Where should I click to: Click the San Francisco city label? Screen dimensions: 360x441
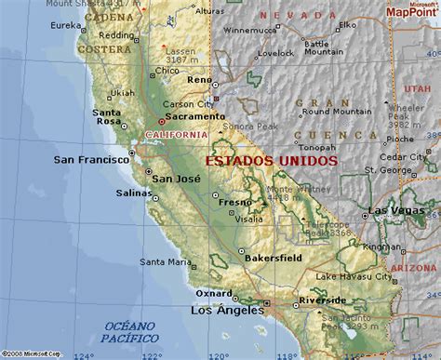point(91,159)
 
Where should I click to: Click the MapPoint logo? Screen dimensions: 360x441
point(414,12)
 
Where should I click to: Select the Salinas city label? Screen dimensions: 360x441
point(130,193)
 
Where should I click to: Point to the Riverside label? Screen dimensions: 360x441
point(325,300)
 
